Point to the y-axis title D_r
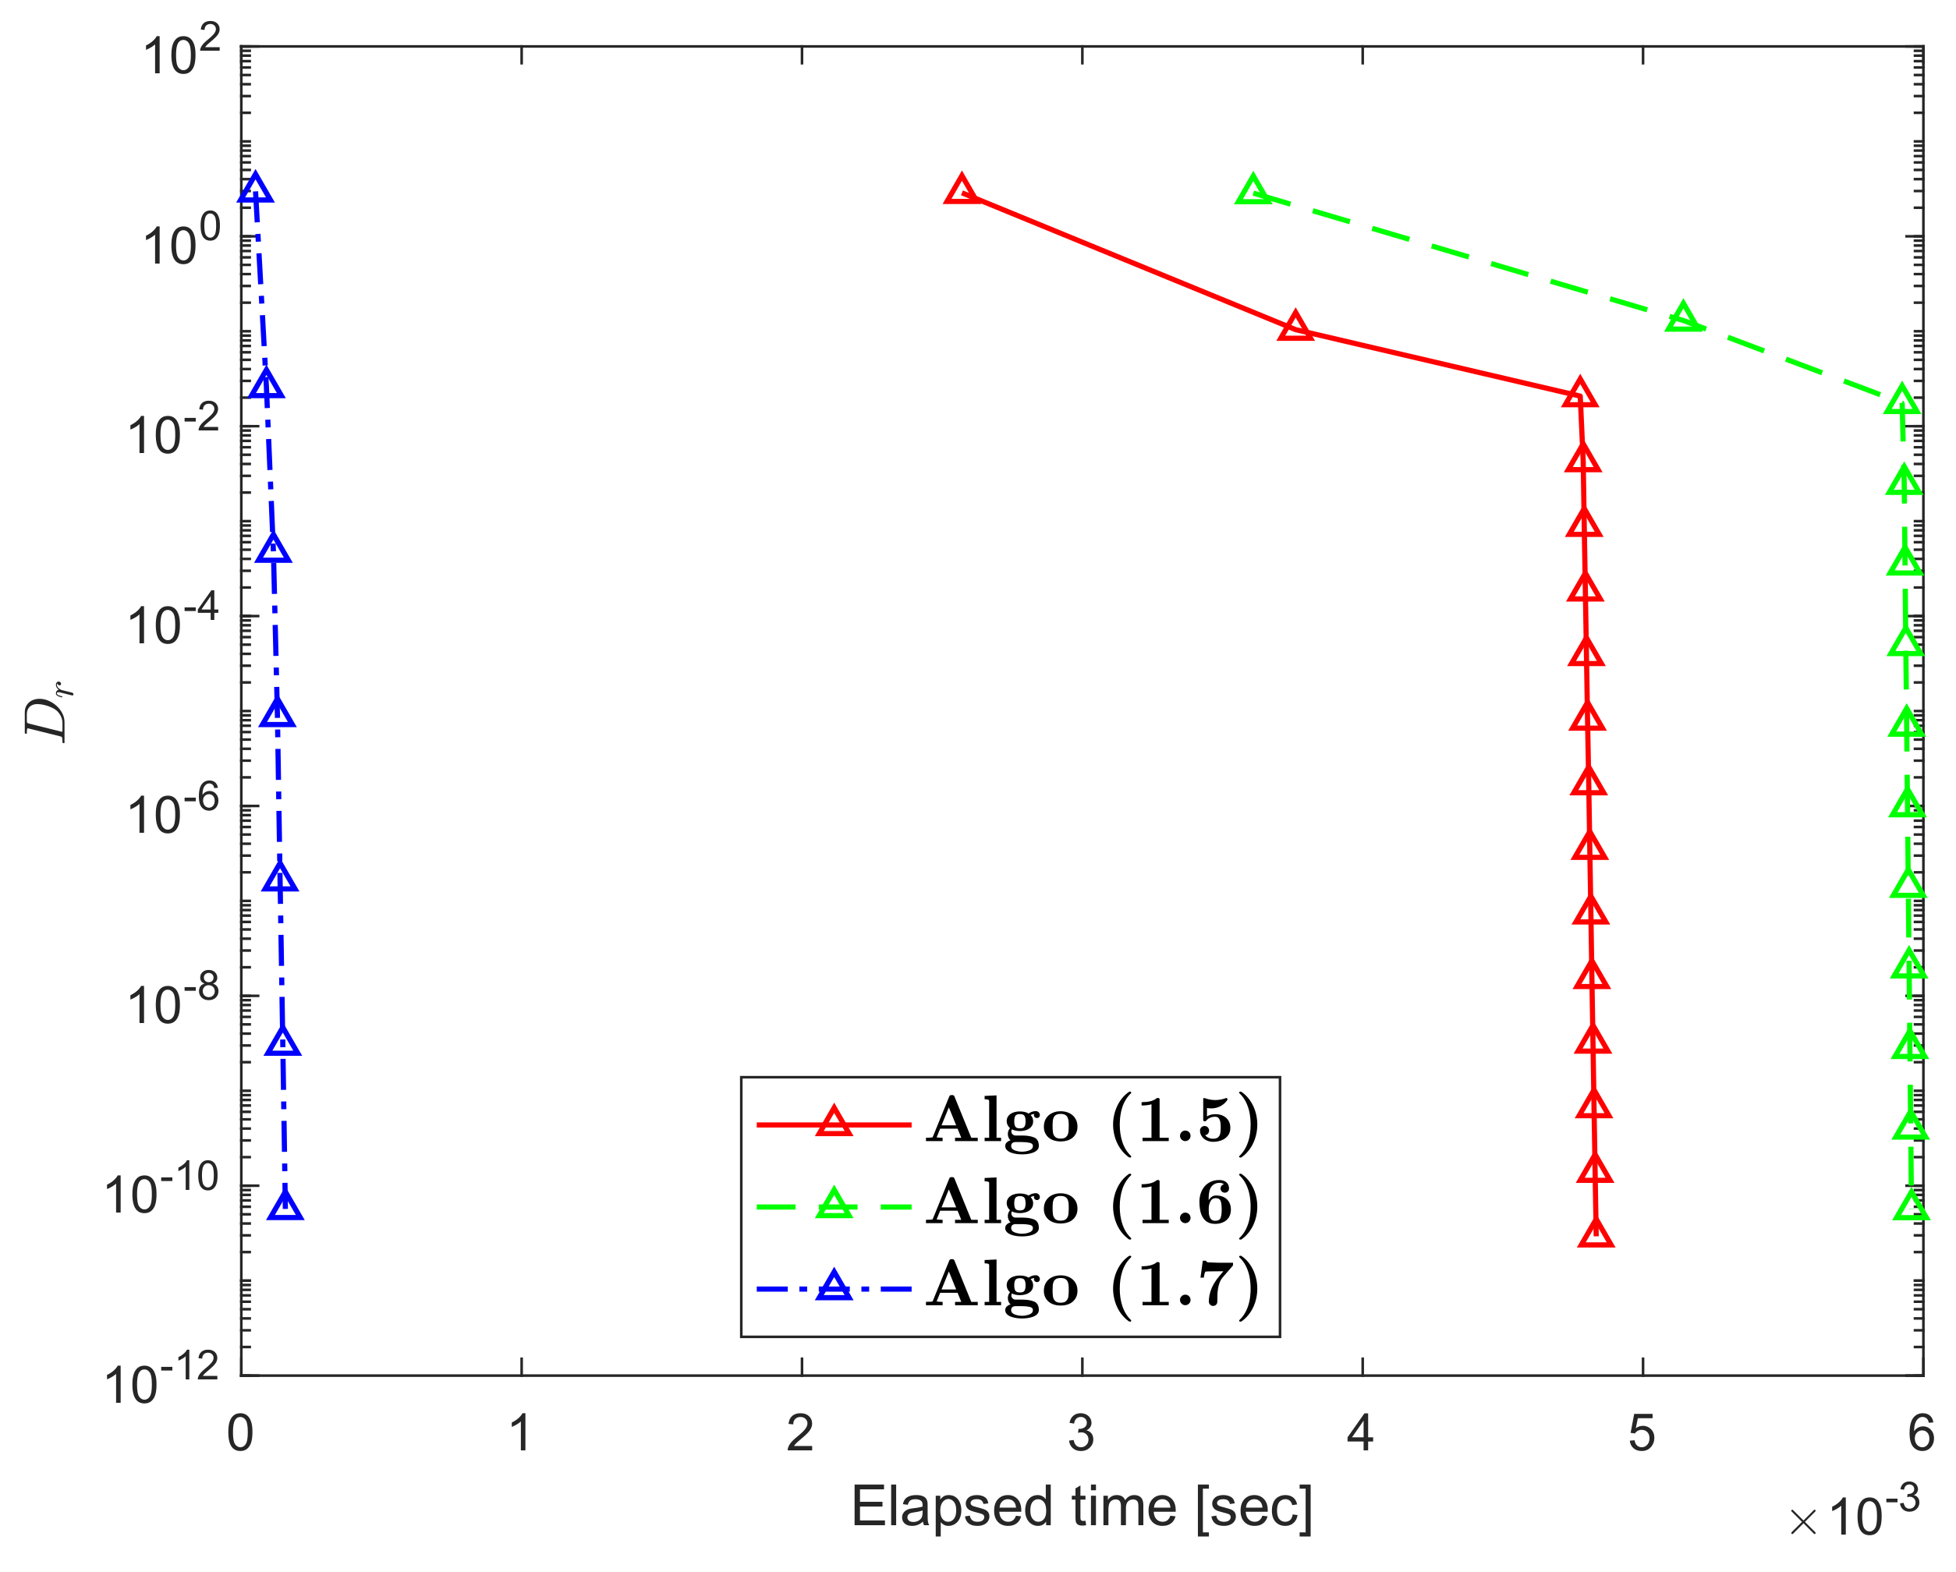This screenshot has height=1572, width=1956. (x=47, y=710)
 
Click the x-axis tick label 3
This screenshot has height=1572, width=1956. (x=1080, y=1434)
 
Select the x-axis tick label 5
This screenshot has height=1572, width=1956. (x=1641, y=1434)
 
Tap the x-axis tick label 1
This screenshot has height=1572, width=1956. (x=520, y=1434)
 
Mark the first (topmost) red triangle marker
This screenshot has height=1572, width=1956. (x=961, y=190)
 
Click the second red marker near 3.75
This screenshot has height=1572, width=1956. (x=1295, y=327)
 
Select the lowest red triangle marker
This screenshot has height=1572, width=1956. (x=1596, y=1234)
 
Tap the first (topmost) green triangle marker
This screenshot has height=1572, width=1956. (x=1253, y=190)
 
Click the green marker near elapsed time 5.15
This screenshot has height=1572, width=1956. (x=1683, y=317)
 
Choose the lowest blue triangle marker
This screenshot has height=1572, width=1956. (x=285, y=1206)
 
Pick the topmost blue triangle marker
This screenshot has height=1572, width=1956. (x=255, y=189)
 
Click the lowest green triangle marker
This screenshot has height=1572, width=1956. (x=1912, y=1206)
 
